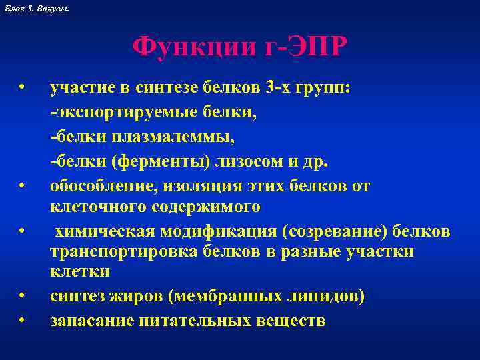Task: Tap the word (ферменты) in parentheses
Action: click(159, 161)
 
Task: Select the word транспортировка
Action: click(115, 252)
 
